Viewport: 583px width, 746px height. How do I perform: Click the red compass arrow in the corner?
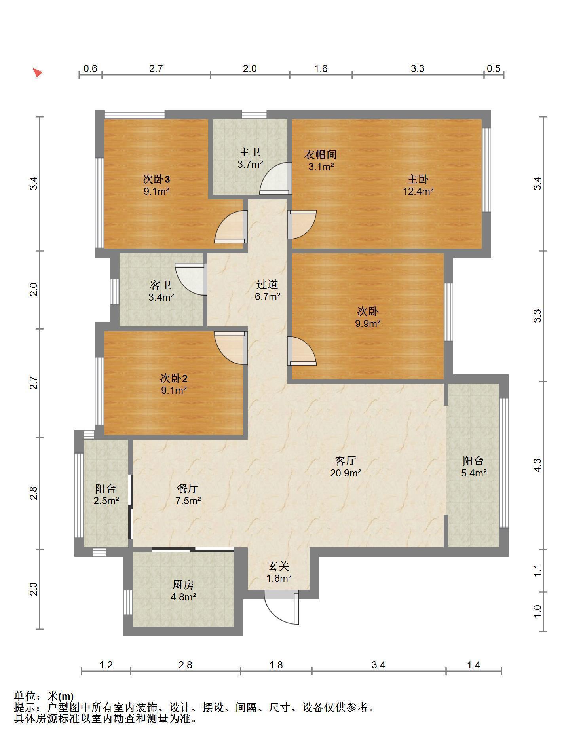[x=38, y=73]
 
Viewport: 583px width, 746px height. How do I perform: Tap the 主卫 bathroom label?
[x=250, y=152]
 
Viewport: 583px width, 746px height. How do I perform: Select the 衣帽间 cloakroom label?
[x=320, y=154]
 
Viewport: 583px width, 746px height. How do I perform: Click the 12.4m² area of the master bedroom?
[x=418, y=192]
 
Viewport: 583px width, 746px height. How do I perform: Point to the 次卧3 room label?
[x=156, y=179]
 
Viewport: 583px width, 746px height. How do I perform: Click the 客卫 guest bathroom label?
[x=161, y=285]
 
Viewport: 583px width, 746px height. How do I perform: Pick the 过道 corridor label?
[x=267, y=284]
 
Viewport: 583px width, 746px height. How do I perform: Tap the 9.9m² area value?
[x=368, y=323]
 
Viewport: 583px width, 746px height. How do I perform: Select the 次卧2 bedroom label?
[x=173, y=378]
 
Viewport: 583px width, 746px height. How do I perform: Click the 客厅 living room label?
[x=346, y=461]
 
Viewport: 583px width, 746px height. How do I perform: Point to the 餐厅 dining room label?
[x=188, y=488]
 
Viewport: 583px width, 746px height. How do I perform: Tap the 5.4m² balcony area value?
[x=474, y=473]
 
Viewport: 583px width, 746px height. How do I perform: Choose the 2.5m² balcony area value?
[x=106, y=501]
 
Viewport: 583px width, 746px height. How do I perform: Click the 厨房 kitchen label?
[x=183, y=585]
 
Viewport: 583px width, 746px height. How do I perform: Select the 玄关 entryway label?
[x=279, y=566]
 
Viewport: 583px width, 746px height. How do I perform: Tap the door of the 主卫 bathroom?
[x=276, y=178]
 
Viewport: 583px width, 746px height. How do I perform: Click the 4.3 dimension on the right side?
[x=537, y=465]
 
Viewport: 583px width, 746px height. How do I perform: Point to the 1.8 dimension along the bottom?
[x=276, y=665]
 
